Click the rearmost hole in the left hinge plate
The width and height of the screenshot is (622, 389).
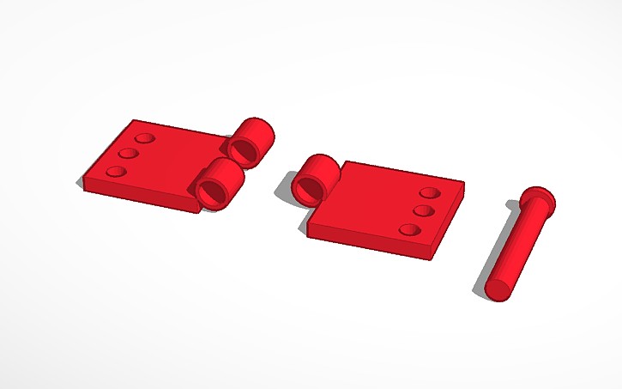point(144,137)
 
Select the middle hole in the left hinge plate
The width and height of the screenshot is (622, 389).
point(130,154)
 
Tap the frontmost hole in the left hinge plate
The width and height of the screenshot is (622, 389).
point(116,171)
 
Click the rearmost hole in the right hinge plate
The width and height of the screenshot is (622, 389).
point(431,192)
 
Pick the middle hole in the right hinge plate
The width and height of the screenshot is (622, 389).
point(422,210)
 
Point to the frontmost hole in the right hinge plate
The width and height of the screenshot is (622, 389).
point(411,230)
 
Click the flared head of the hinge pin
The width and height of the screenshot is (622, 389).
point(538,199)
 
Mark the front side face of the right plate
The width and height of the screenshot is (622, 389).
point(369,243)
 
